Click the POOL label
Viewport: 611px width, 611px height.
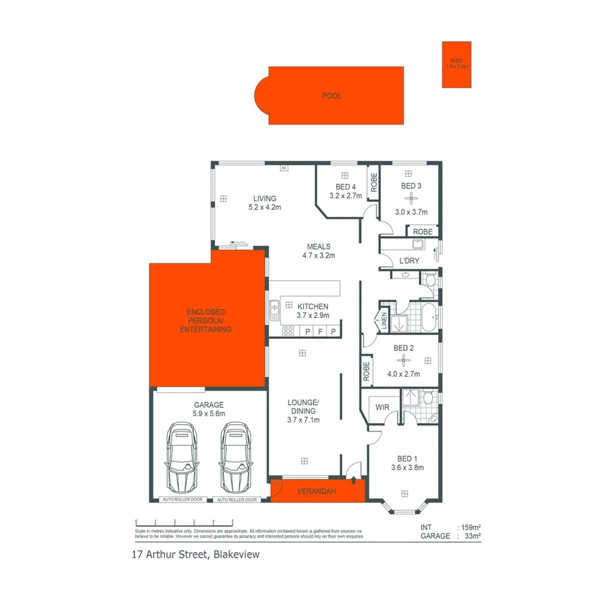click(x=332, y=96)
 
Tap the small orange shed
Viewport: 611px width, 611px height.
click(x=456, y=64)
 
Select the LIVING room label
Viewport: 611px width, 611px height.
click(x=265, y=199)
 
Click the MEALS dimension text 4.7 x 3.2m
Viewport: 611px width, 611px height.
click(x=319, y=256)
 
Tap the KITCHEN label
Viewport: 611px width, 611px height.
click(x=313, y=306)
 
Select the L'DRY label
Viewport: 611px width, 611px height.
click(x=409, y=262)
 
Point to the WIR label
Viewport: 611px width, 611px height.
click(x=382, y=408)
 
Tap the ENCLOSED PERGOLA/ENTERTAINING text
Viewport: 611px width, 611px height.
click(x=205, y=321)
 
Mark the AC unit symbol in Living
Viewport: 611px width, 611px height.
click(x=284, y=168)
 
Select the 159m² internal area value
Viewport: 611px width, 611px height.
click(x=471, y=527)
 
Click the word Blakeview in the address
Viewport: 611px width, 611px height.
click(x=235, y=555)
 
